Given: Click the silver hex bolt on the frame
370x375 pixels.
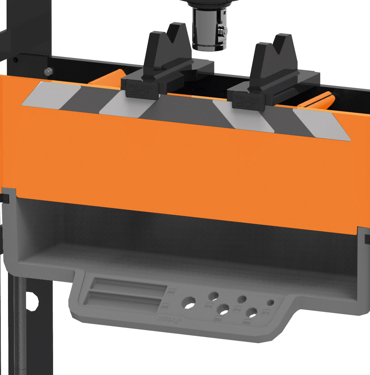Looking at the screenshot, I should (48, 71).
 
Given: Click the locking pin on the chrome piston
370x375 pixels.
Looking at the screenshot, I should (222, 30).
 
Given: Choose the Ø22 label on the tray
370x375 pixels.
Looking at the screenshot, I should (218, 320).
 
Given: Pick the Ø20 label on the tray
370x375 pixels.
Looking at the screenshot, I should (247, 323).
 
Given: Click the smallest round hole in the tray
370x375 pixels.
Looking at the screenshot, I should (270, 303).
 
